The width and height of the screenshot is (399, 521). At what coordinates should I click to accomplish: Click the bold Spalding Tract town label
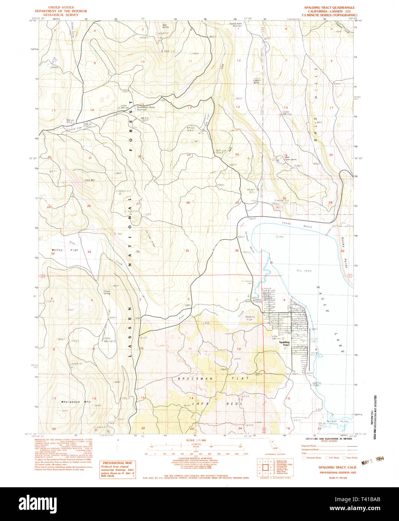pyautogui.click(x=284, y=343)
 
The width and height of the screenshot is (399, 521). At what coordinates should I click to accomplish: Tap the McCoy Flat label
pyautogui.click(x=64, y=250)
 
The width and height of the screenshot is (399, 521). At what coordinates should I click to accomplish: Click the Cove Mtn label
pyautogui.click(x=90, y=180)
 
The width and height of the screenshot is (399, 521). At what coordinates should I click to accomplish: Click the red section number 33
pyautogui.click(x=89, y=252)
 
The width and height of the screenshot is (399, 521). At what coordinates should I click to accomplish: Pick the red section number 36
pyautogui.click(x=237, y=250)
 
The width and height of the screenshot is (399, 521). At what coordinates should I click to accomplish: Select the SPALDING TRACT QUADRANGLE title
pyautogui.click(x=329, y=7)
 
